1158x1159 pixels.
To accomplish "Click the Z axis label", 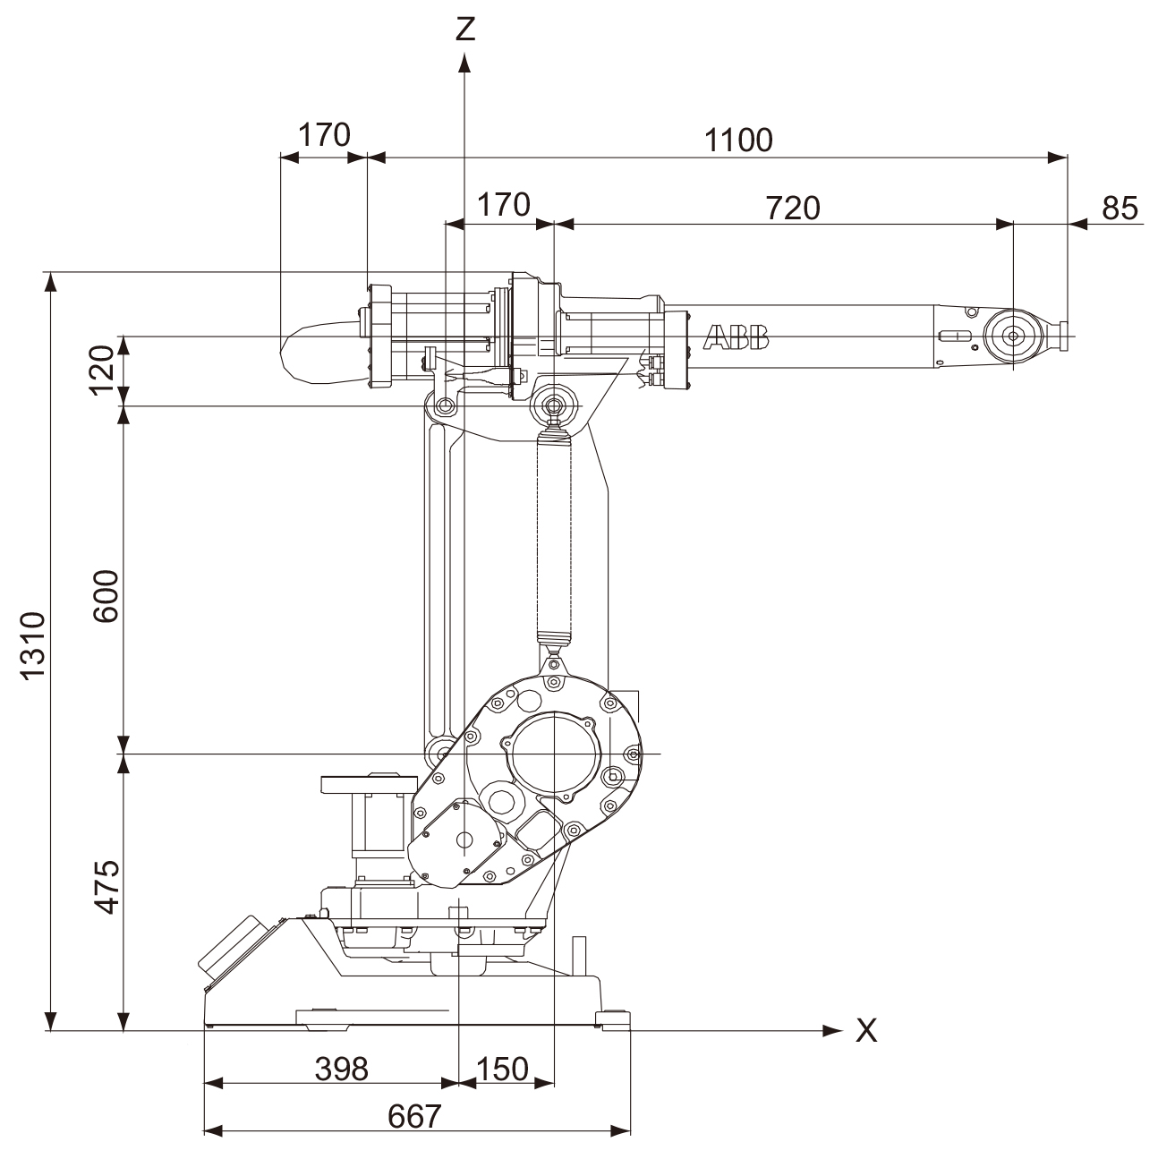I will pyautogui.click(x=464, y=29).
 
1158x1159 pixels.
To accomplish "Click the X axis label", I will pyautogui.click(x=866, y=1031).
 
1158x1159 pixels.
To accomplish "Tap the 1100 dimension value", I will pyautogui.click(x=738, y=140).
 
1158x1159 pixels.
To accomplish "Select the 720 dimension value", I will pyautogui.click(x=792, y=208).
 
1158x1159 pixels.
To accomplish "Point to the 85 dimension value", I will pyautogui.click(x=1119, y=208).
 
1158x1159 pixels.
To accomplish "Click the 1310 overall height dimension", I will pyautogui.click(x=32, y=646).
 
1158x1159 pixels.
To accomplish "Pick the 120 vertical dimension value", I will pyautogui.click(x=104, y=369).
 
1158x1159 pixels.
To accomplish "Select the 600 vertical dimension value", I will pyautogui.click(x=104, y=596).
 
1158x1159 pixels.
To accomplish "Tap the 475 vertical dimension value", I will pyautogui.click(x=106, y=887).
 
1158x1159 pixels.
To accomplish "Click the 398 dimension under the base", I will pyautogui.click(x=342, y=1069).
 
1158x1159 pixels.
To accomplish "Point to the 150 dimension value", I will pyautogui.click(x=501, y=1069).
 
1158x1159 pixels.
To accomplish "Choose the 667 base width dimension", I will pyautogui.click(x=415, y=1116).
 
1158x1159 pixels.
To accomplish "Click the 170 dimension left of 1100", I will pyautogui.click(x=324, y=135).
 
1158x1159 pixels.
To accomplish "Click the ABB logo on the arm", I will pyautogui.click(x=736, y=337).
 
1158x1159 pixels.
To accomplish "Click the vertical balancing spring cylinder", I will pyautogui.click(x=554, y=537).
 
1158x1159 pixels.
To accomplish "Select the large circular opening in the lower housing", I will pyautogui.click(x=553, y=754).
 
